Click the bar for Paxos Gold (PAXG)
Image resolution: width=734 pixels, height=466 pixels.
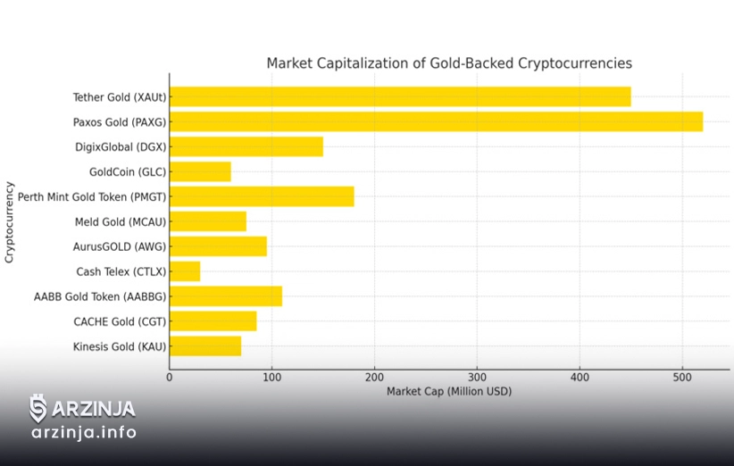click(x=436, y=121)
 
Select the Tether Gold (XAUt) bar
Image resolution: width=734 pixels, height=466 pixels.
click(x=400, y=96)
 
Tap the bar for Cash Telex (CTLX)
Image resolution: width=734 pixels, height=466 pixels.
click(x=185, y=271)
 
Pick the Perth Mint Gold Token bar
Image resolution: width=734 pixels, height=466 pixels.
click(x=262, y=196)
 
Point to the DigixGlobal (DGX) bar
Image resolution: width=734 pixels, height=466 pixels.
click(x=246, y=146)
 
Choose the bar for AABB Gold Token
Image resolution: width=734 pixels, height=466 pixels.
click(x=226, y=296)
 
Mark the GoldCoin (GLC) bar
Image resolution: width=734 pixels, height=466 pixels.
click(x=200, y=171)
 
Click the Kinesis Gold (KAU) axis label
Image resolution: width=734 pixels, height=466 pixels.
click(x=120, y=346)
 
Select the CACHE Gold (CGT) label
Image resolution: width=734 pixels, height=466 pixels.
click(x=120, y=321)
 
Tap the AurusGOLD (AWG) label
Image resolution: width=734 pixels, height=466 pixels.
click(x=120, y=246)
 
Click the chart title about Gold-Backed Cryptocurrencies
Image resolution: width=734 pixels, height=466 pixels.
click(x=449, y=63)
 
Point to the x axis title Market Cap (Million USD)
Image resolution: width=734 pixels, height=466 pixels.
click(x=449, y=392)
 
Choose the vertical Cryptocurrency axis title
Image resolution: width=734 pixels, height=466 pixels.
click(x=10, y=221)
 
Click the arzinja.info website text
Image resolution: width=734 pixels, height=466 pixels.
click(x=84, y=433)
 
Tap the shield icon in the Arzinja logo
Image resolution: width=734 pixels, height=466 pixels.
click(x=38, y=408)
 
